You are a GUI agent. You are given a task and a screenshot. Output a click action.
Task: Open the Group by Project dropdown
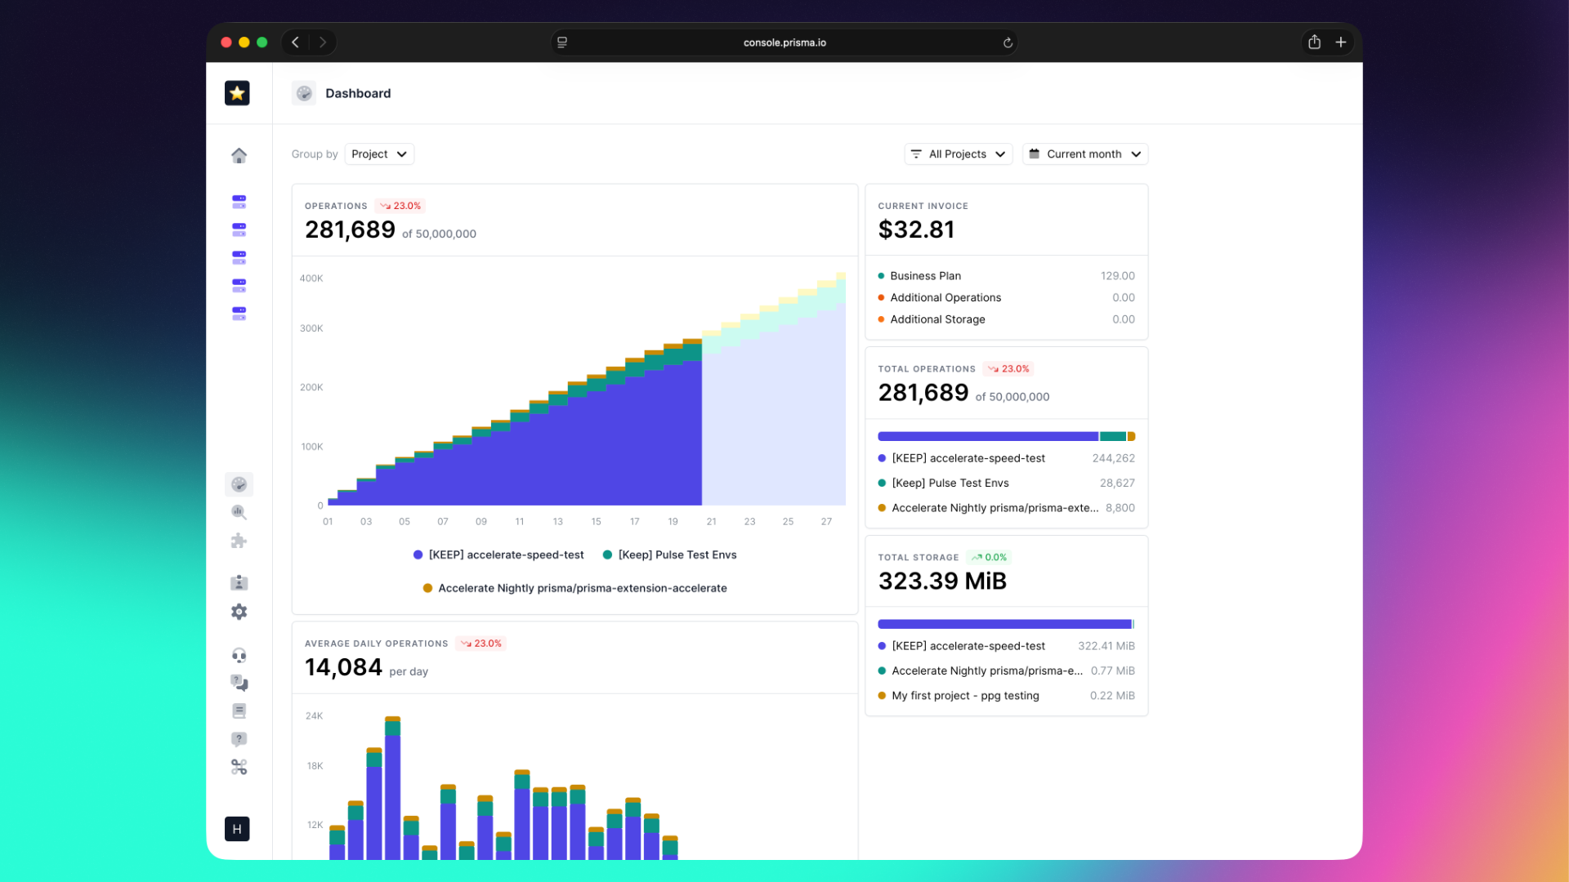click(x=379, y=154)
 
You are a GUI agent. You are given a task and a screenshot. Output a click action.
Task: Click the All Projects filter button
click(x=958, y=154)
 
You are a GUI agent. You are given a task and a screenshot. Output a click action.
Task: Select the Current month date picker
click(x=1084, y=154)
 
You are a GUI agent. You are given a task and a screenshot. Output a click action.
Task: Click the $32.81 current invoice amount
click(x=916, y=230)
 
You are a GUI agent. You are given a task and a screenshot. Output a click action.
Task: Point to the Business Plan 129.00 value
click(x=1117, y=276)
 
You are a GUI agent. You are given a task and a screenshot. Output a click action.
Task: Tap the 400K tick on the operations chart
click(x=311, y=278)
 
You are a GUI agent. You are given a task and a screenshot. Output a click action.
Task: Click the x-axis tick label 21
click(x=711, y=522)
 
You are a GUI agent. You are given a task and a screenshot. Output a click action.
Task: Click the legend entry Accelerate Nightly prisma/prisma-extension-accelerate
click(x=582, y=589)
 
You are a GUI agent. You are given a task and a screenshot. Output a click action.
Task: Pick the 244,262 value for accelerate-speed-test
click(x=1113, y=459)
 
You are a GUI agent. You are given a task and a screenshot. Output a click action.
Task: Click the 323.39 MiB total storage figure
click(x=942, y=581)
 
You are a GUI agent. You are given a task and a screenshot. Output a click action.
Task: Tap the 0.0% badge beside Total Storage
click(x=990, y=558)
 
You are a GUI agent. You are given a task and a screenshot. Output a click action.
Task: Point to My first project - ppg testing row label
click(x=965, y=696)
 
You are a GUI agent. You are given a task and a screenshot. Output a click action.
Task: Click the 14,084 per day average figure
click(x=343, y=668)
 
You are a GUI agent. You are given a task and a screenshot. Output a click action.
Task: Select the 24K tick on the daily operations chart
click(x=314, y=716)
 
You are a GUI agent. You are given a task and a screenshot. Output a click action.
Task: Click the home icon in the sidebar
click(x=239, y=155)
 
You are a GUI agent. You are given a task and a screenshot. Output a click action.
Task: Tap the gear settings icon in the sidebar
click(x=239, y=612)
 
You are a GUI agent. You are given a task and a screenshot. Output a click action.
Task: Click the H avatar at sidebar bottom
click(x=237, y=829)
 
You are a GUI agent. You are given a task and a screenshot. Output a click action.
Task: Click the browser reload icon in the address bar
click(x=1008, y=43)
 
